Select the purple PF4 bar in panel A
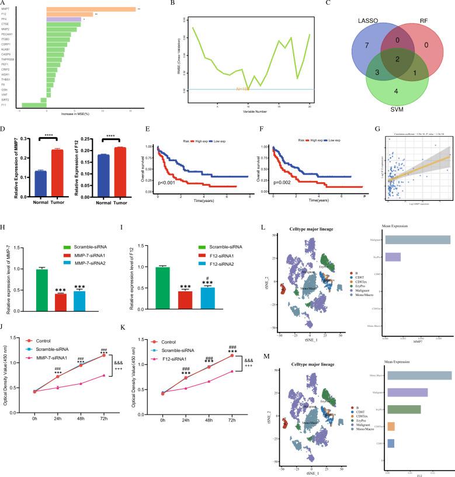point(64,19)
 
